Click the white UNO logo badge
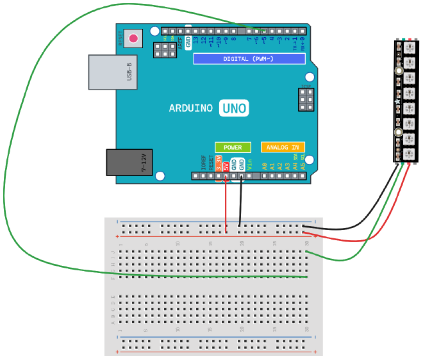[233, 108]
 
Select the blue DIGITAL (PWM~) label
[249, 59]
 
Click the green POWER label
[233, 147]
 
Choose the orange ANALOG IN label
[283, 147]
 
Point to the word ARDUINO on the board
[190, 108]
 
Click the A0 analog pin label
[264, 166]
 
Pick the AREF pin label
[179, 42]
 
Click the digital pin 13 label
[195, 42]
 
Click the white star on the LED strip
[397, 102]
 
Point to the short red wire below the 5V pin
[226, 205]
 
